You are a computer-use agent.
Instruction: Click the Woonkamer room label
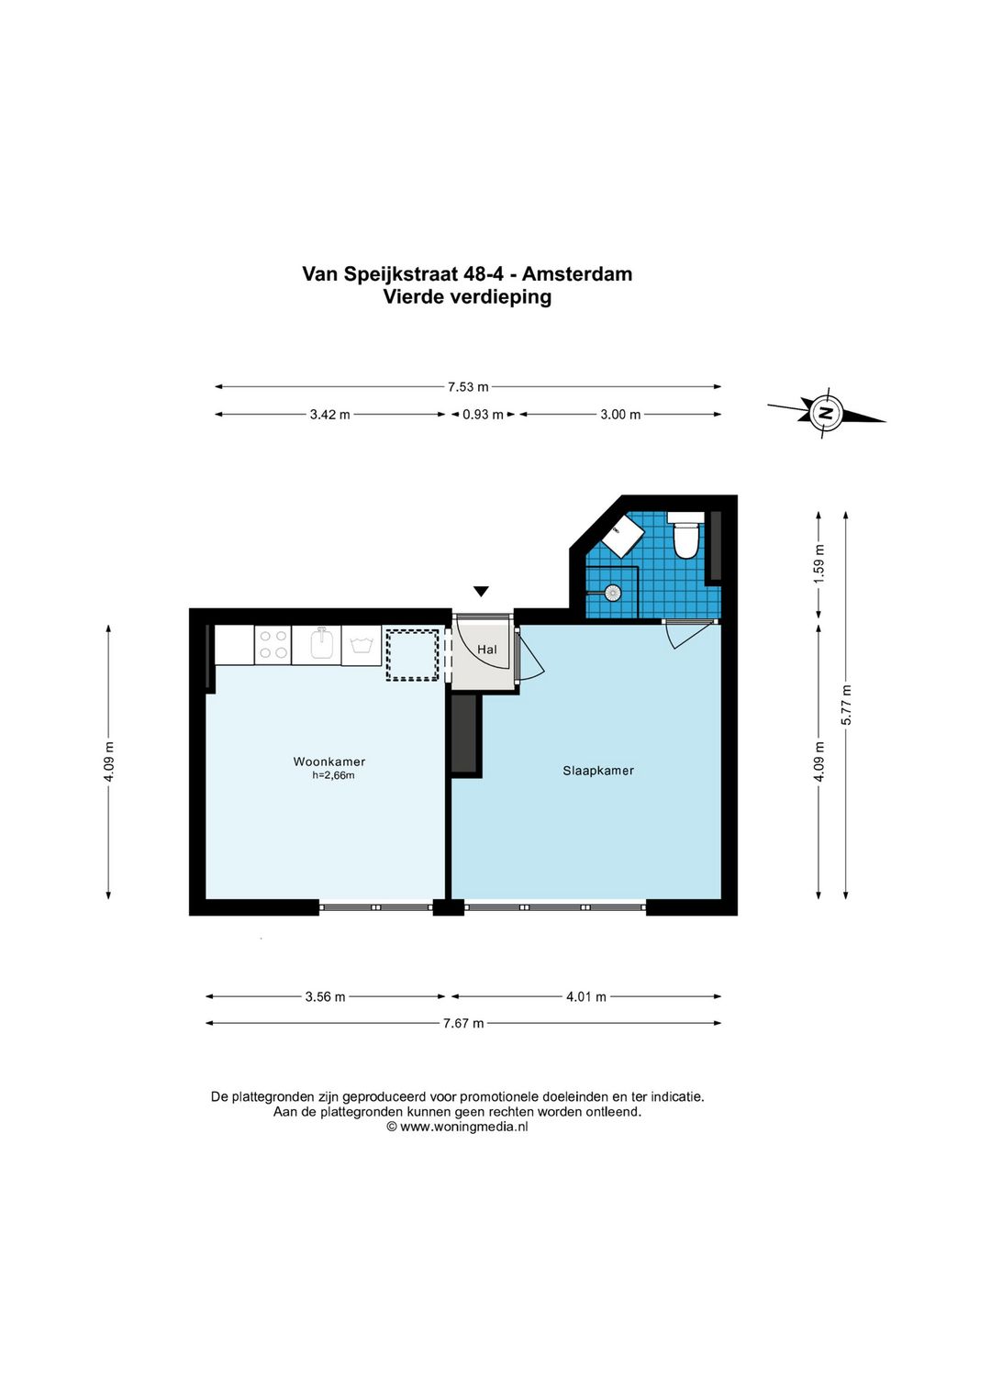pyautogui.click(x=328, y=761)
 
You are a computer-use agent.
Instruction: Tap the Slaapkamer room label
pyautogui.click(x=598, y=771)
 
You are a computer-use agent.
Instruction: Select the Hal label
pyautogui.click(x=487, y=650)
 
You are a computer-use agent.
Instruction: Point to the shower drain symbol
pyautogui.click(x=612, y=591)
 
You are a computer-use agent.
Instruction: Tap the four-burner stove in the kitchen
pyautogui.click(x=273, y=644)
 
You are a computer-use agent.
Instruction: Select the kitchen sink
pyautogui.click(x=323, y=644)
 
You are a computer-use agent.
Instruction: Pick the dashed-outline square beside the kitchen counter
pyautogui.click(x=412, y=654)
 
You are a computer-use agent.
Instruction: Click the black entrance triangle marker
pyautogui.click(x=480, y=591)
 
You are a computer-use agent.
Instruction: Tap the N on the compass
pyautogui.click(x=826, y=413)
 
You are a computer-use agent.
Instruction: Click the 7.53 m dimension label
pyautogui.click(x=468, y=387)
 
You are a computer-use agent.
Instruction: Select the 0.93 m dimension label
pyautogui.click(x=483, y=415)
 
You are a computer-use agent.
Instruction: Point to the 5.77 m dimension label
pyautogui.click(x=846, y=705)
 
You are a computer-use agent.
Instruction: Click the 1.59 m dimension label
pyautogui.click(x=819, y=563)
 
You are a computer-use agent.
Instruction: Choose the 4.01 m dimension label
pyautogui.click(x=585, y=997)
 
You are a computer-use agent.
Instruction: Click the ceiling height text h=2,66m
pyautogui.click(x=333, y=775)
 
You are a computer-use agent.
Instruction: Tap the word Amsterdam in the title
pyautogui.click(x=577, y=273)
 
